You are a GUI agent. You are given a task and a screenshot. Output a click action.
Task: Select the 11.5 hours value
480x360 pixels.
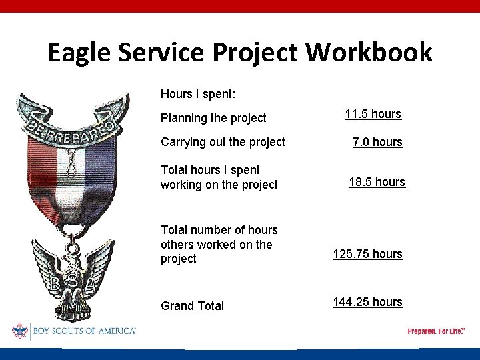tap(373, 114)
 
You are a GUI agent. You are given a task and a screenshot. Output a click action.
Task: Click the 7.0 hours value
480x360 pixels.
tap(377, 142)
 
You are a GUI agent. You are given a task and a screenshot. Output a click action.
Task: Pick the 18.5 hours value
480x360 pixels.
tap(377, 182)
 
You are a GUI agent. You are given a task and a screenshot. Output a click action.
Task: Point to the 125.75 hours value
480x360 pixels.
tap(368, 254)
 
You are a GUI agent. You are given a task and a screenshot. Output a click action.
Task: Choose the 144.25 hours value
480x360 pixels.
tap(368, 302)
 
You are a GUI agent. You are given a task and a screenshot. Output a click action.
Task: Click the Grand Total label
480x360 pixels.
tap(192, 306)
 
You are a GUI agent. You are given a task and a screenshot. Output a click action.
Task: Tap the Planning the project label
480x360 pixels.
tap(213, 118)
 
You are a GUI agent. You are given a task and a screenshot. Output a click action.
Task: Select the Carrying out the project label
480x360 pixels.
tap(223, 142)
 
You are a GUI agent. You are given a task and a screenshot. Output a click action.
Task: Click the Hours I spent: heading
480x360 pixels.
tap(198, 94)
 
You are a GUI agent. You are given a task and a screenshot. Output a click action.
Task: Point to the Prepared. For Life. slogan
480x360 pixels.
tap(436, 331)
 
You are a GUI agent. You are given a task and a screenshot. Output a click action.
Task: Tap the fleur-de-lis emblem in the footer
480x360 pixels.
tap(20, 331)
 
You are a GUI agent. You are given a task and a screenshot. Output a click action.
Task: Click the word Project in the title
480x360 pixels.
tap(257, 53)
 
